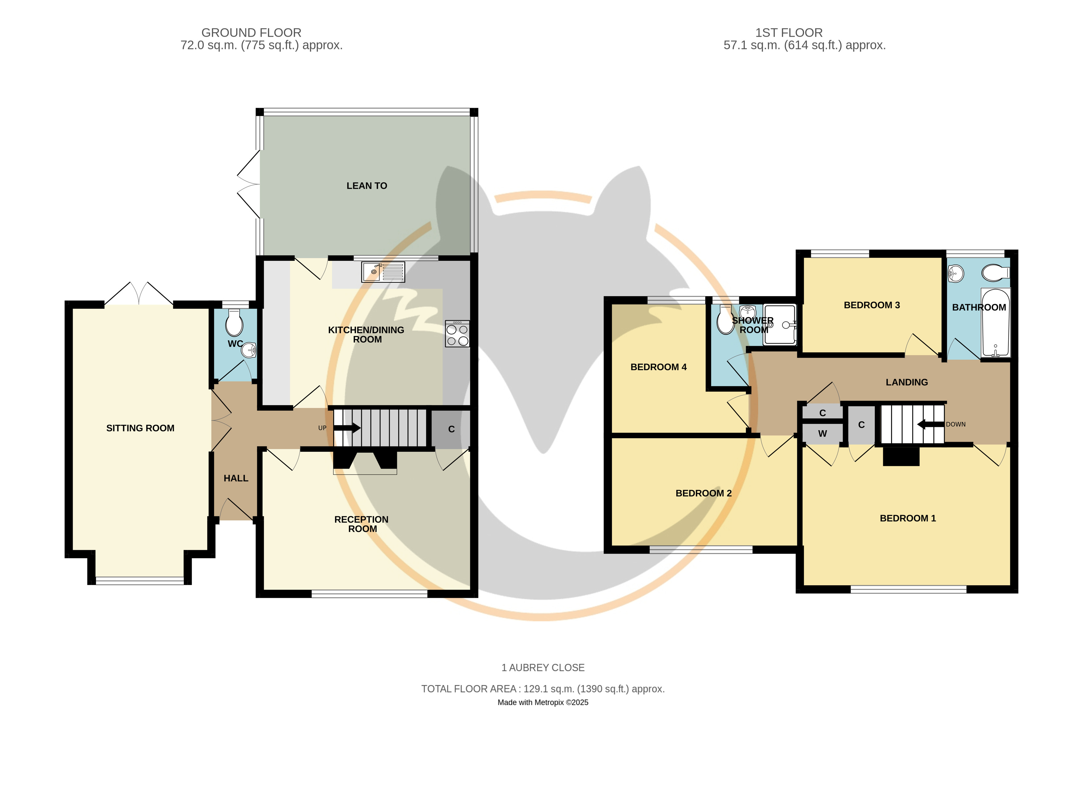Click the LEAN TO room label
pyautogui.click(x=367, y=186)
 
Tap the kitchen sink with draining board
pyautogui.click(x=383, y=272)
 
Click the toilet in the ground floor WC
pyautogui.click(x=234, y=323)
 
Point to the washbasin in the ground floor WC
pyautogui.click(x=249, y=350)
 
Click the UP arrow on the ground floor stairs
pyautogui.click(x=347, y=427)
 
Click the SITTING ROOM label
pyautogui.click(x=140, y=428)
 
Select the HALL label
pyautogui.click(x=236, y=478)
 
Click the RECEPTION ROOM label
pyautogui.click(x=362, y=524)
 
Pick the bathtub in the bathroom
pyautogui.click(x=996, y=322)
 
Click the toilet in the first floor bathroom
pyautogui.click(x=996, y=273)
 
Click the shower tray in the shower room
pyautogui.click(x=779, y=324)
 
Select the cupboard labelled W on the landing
pyautogui.click(x=822, y=434)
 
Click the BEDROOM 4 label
pyautogui.click(x=658, y=367)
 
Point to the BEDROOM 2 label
pyautogui.click(x=703, y=493)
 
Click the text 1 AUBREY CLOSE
pyautogui.click(x=543, y=668)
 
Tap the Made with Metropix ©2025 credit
pyautogui.click(x=543, y=702)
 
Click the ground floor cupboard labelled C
pyautogui.click(x=451, y=429)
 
